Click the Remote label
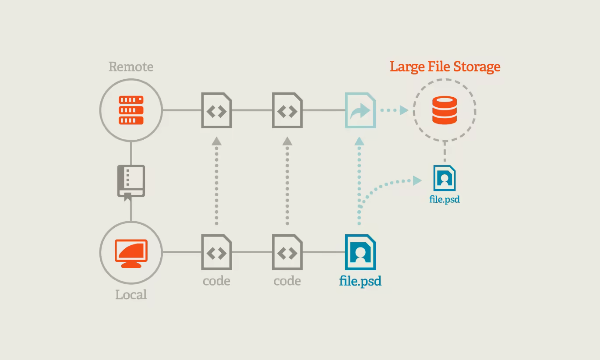point(131,67)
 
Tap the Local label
point(131,295)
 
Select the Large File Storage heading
point(445,67)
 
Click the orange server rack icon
point(131,110)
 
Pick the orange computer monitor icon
point(131,253)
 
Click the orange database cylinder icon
point(445,110)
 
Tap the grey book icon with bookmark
point(131,182)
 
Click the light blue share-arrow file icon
point(360,110)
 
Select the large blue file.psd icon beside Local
point(360,252)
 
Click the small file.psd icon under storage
point(445,177)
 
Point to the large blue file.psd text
point(360,281)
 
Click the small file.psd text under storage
point(445,199)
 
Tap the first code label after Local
point(216,281)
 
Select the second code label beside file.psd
point(287,281)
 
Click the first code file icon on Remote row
point(216,110)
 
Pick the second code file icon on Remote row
point(287,110)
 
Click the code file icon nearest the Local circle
point(216,252)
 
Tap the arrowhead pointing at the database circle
point(404,110)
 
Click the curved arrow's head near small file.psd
point(417,180)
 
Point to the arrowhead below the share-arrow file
point(360,141)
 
